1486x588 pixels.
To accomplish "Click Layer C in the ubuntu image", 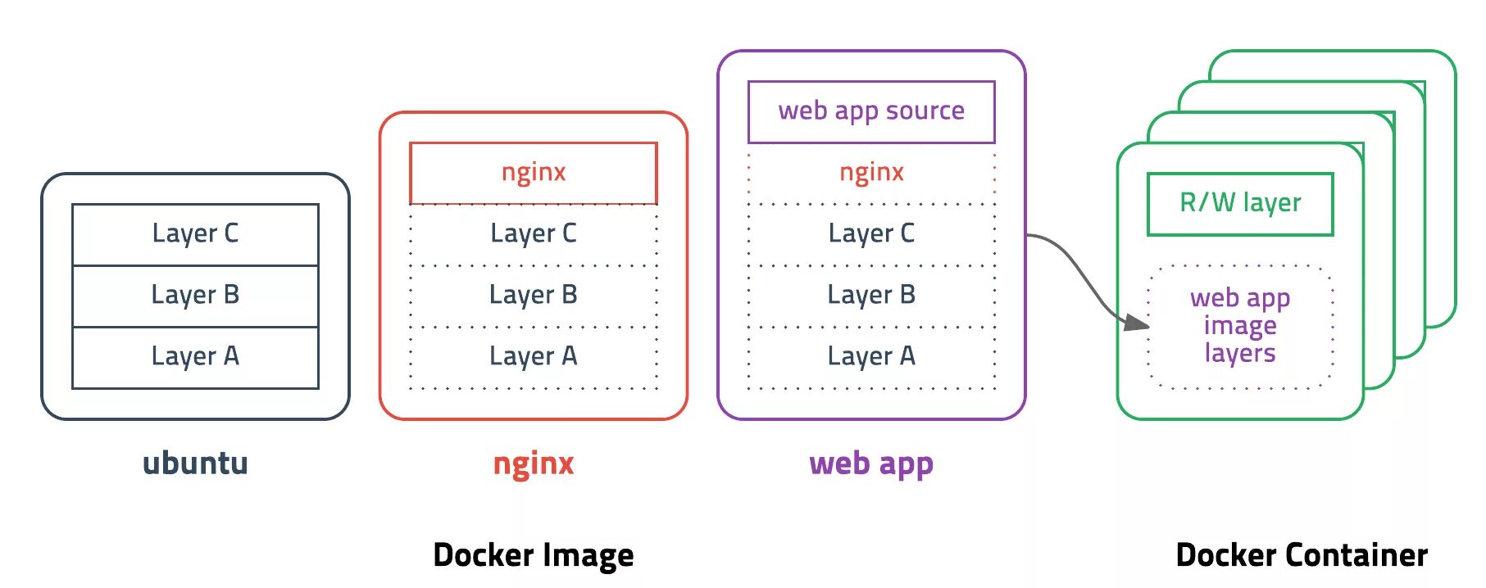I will pos(195,234).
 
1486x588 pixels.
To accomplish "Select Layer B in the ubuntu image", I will pos(195,296).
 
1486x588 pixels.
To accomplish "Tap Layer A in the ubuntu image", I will pos(195,357).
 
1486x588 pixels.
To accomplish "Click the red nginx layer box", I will pos(534,173).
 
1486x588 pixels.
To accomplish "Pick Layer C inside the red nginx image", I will pos(534,234).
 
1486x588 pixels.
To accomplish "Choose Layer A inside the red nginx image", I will pos(534,357).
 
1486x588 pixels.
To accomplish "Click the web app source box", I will pos(871,111).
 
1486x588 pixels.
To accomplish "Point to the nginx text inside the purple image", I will pos(871,173).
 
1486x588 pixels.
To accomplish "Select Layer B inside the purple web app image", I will pos(871,296).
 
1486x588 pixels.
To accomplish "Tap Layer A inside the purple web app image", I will pos(871,357).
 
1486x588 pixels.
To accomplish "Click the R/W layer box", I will pos(1240,204).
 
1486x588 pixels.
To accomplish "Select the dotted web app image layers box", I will pos(1240,326).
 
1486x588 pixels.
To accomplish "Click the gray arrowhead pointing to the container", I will pos(1137,323).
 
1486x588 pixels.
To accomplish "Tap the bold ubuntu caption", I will pos(195,464).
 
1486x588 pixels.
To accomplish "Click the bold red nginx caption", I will pos(534,464).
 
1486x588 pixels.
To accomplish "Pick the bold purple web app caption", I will pos(871,464).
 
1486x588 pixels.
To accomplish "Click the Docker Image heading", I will pos(534,555).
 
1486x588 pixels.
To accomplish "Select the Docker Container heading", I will pos(1302,555).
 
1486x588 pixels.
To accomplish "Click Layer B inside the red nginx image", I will pos(534,296).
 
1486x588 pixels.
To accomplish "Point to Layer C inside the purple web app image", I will pos(871,234).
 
